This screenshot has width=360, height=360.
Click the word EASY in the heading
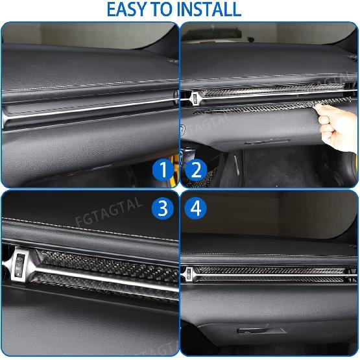[x=129, y=10]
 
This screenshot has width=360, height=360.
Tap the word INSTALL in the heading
[x=208, y=10]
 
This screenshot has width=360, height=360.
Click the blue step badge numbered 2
[x=196, y=171]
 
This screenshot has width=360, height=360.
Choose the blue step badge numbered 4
[x=196, y=208]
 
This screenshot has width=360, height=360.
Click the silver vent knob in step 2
[x=192, y=98]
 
